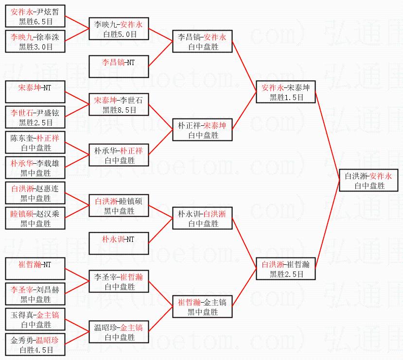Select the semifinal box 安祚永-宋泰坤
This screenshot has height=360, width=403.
tap(286, 92)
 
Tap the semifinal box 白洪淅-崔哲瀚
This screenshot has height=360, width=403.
tap(286, 269)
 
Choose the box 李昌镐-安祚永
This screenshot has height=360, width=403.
tap(202, 42)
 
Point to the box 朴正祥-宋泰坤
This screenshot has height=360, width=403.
tap(202, 130)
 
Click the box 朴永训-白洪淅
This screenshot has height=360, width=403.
tap(202, 219)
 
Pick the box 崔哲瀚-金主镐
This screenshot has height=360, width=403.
tap(202, 307)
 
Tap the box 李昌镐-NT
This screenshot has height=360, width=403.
tap(119, 67)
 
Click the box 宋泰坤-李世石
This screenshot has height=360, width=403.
tap(119, 105)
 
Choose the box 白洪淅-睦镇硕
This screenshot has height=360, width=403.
tap(119, 206)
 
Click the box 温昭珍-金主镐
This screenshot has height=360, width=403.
tap(119, 332)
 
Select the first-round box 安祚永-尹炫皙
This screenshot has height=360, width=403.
tap(35, 16)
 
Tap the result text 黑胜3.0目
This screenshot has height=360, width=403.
tap(35, 47)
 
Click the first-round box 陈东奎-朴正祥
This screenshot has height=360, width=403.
tap(35, 143)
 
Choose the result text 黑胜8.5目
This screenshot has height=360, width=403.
tap(119, 110)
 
